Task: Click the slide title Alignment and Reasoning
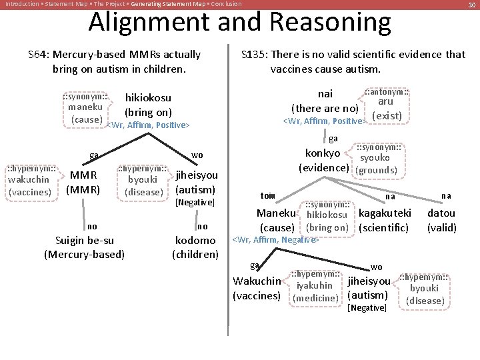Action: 239,22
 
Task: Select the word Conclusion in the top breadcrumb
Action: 223,4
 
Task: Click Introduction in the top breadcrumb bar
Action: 21,4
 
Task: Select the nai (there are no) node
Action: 325,101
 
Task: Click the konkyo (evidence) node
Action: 323,160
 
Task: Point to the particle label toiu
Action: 267,196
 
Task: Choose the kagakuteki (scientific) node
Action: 385,220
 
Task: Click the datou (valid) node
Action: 441,220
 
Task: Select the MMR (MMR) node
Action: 83,182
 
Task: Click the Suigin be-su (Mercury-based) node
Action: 84,247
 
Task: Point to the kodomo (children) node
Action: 195,247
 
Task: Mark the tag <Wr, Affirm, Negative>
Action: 274,239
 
